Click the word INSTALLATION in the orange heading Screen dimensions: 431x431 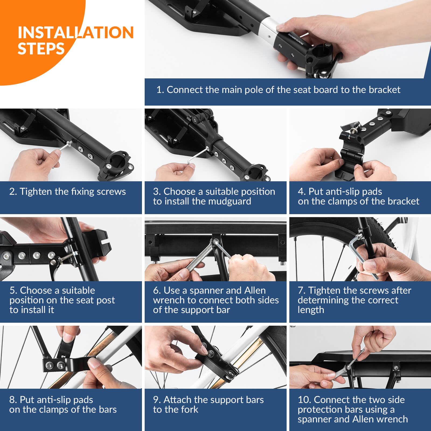pyautogui.click(x=76, y=32)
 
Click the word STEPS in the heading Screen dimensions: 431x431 pyautogui.click(x=41, y=49)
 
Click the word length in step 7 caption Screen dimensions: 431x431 pyautogui.click(x=311, y=310)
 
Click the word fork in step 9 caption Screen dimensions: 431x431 pyautogui.click(x=190, y=409)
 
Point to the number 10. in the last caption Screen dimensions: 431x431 pyautogui.click(x=304, y=400)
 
